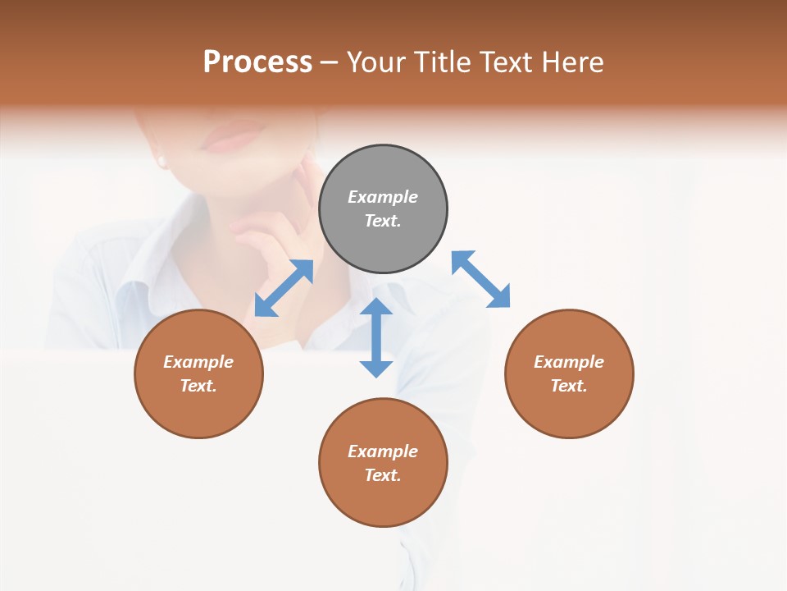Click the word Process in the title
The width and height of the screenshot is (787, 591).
(x=257, y=62)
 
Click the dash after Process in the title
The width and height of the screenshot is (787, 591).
(x=330, y=63)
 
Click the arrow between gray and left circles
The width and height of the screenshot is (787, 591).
(x=284, y=288)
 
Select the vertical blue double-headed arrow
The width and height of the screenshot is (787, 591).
(x=376, y=337)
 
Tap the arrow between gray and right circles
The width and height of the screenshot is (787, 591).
(x=481, y=279)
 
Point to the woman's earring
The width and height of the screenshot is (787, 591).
(x=161, y=161)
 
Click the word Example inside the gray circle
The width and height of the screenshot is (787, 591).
(x=383, y=197)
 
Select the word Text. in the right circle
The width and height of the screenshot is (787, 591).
(x=569, y=386)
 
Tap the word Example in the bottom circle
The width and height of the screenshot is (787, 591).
(x=383, y=451)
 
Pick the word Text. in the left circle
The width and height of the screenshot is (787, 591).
(x=198, y=386)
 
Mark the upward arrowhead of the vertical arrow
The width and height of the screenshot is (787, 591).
(x=376, y=309)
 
